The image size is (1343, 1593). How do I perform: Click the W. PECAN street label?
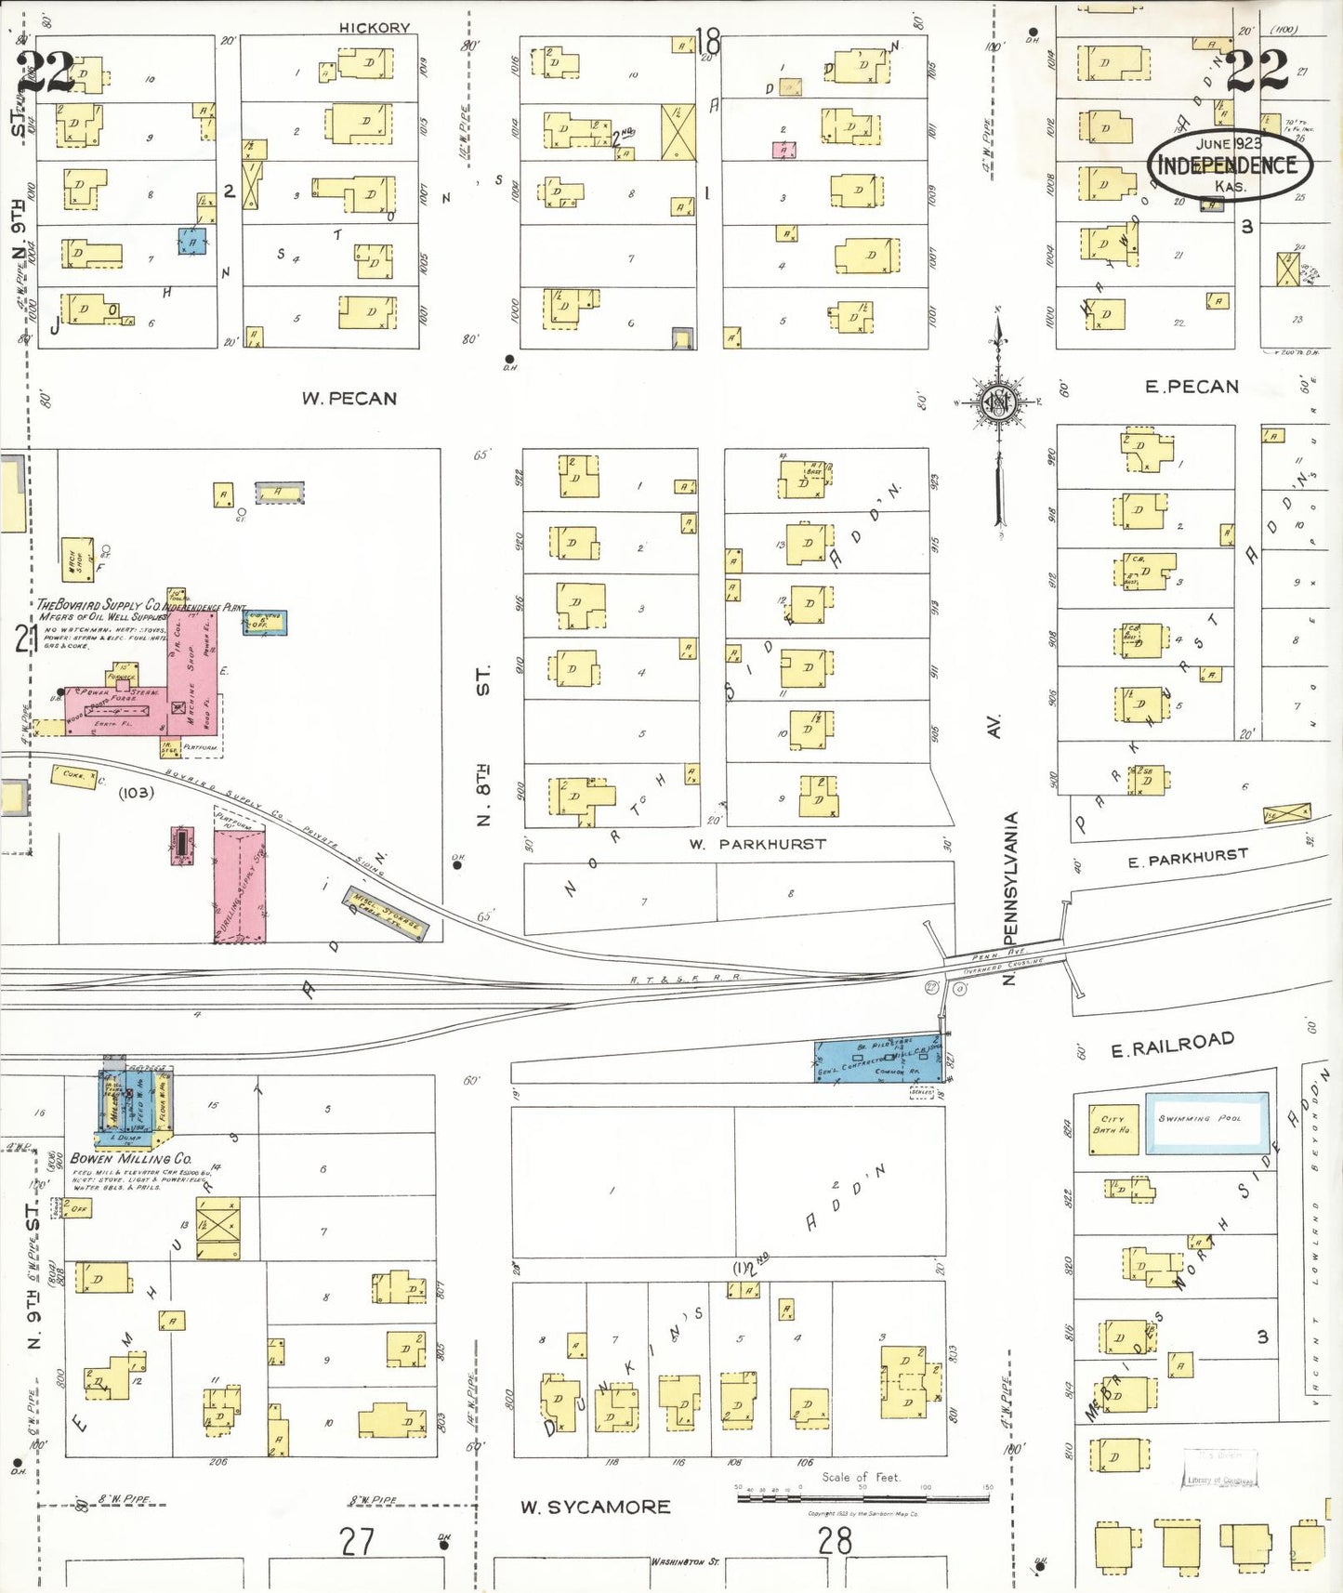[349, 399]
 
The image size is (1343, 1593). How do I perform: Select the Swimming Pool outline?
[1207, 1123]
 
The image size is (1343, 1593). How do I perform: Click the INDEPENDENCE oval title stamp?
[1228, 165]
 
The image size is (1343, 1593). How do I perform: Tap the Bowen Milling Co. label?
[130, 1159]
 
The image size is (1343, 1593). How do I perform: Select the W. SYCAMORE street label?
[595, 1507]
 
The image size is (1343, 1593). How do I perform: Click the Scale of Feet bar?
[862, 1497]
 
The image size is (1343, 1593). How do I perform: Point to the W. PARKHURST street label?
[757, 844]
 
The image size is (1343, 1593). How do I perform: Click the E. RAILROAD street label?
[1173, 1045]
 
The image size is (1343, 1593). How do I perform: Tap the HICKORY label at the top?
[374, 28]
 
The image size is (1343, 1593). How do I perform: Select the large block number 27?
[357, 1541]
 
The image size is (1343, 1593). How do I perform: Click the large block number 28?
[834, 1541]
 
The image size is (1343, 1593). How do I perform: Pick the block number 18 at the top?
[707, 42]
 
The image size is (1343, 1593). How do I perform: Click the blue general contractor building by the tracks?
[878, 1060]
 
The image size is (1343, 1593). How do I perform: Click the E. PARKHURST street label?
[1187, 859]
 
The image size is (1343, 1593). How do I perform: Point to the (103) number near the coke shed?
[136, 793]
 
